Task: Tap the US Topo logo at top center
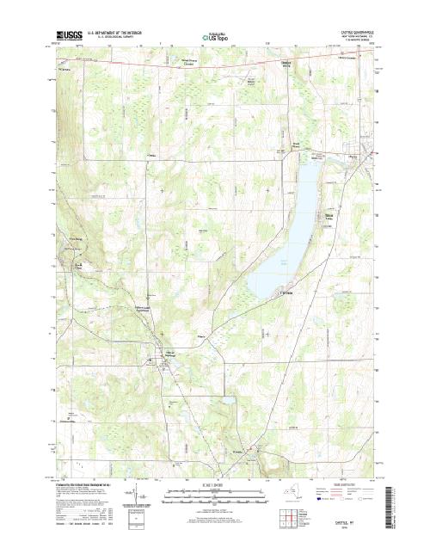pos(215,38)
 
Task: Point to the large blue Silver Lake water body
pos(288,232)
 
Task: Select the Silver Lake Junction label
pos(149,308)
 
